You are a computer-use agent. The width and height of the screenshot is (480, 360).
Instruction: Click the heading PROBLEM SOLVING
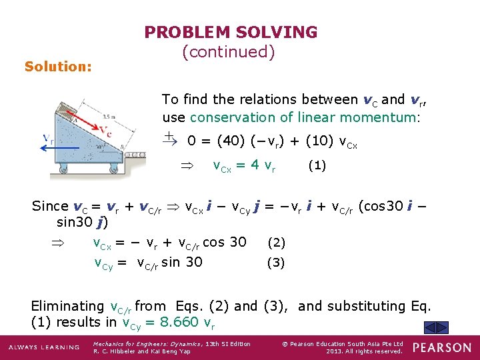(x=231, y=32)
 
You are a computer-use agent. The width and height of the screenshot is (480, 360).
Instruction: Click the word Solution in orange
(x=58, y=67)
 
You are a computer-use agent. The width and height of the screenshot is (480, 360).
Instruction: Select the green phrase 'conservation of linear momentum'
(x=305, y=117)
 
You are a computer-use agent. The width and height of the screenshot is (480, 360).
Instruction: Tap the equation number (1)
(x=316, y=165)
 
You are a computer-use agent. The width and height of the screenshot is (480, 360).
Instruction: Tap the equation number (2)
(x=276, y=243)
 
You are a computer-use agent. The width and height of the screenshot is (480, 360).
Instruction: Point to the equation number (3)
(x=276, y=263)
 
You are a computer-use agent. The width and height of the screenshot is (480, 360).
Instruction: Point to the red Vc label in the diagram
(x=105, y=128)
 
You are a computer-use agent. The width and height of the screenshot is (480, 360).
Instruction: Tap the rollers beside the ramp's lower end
(x=135, y=155)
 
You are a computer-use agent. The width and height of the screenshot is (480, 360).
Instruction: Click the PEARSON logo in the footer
(x=441, y=347)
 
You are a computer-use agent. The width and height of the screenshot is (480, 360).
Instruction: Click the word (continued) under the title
(x=228, y=52)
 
